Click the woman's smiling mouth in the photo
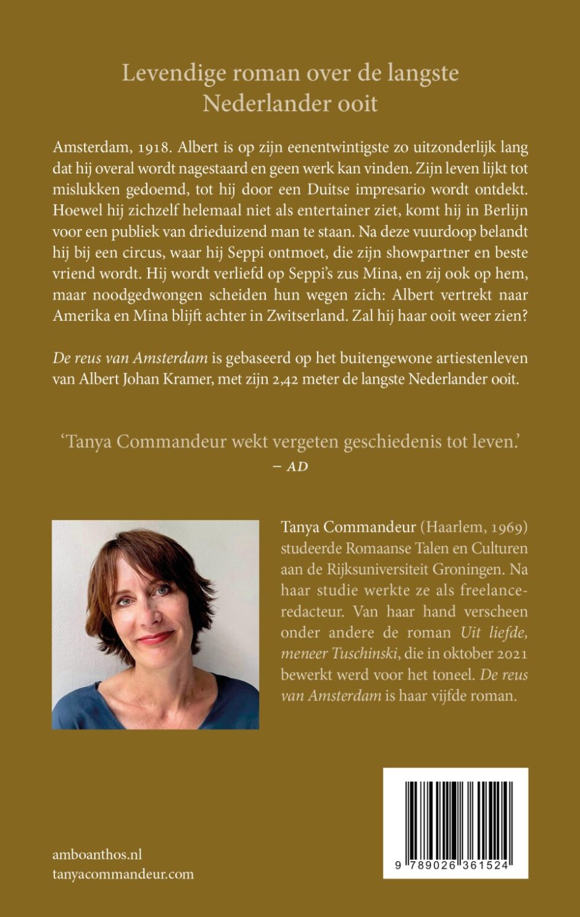[155, 637]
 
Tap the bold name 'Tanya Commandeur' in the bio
[347, 528]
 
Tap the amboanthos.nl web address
[97, 854]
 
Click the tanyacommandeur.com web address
[123, 874]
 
